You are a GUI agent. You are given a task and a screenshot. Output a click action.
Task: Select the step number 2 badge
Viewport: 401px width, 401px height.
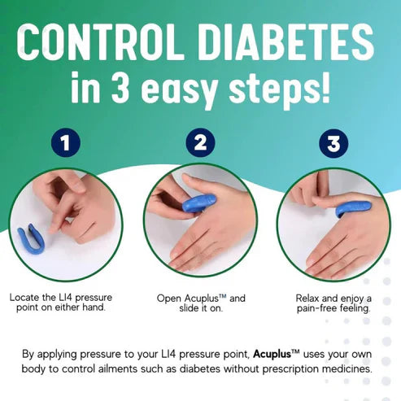point(200,146)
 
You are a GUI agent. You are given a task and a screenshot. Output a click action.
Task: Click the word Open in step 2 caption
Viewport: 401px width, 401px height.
point(170,299)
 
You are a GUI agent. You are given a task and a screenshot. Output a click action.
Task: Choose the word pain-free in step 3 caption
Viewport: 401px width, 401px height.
point(312,309)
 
